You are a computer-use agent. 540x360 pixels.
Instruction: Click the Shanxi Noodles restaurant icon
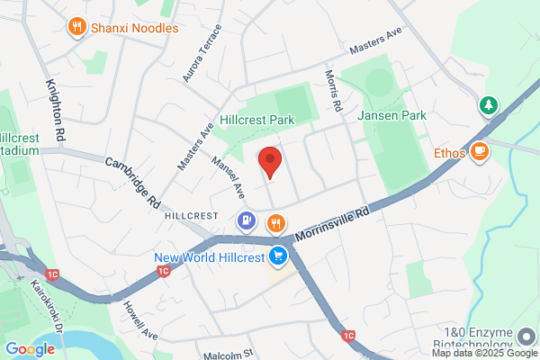(77, 27)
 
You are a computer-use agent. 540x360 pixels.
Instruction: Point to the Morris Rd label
(333, 91)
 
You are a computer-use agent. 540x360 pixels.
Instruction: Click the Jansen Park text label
(391, 116)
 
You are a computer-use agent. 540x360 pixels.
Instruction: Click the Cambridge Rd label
(132, 183)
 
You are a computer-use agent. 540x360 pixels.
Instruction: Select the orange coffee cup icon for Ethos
(479, 151)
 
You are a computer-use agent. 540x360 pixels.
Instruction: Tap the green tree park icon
(489, 105)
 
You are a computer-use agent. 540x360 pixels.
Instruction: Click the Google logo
(30, 349)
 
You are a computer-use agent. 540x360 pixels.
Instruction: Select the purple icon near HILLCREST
(246, 220)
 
